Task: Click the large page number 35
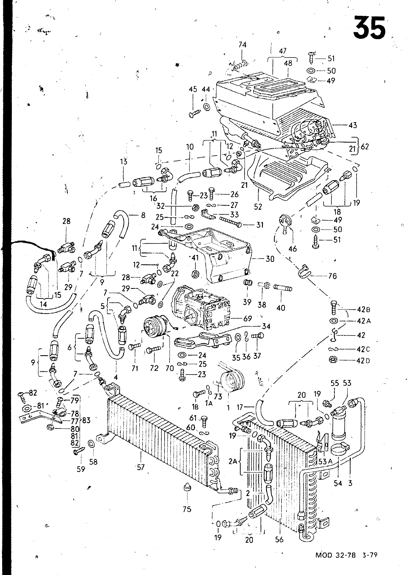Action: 369,27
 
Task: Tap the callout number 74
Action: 242,45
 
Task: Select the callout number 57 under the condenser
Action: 141,467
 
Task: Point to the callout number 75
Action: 187,509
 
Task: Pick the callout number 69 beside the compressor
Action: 247,318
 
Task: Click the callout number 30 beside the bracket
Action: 270,259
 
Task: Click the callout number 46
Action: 292,249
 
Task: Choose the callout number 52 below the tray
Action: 258,207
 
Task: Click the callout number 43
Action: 353,125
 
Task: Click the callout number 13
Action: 124,162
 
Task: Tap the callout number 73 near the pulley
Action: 218,397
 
